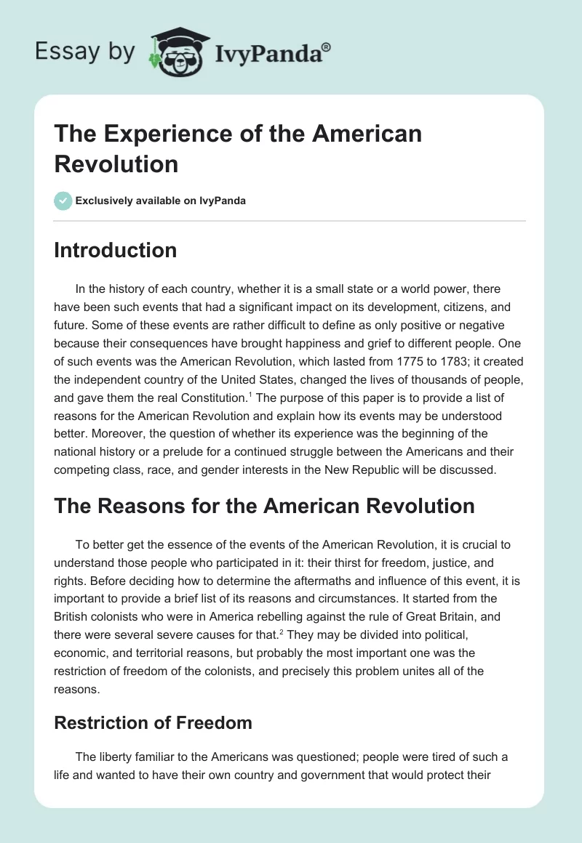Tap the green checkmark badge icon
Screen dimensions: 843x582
pos(63,201)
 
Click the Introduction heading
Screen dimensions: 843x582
pos(115,250)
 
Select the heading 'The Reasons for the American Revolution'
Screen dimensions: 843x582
pos(264,505)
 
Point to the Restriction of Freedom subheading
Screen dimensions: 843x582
pos(153,723)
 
